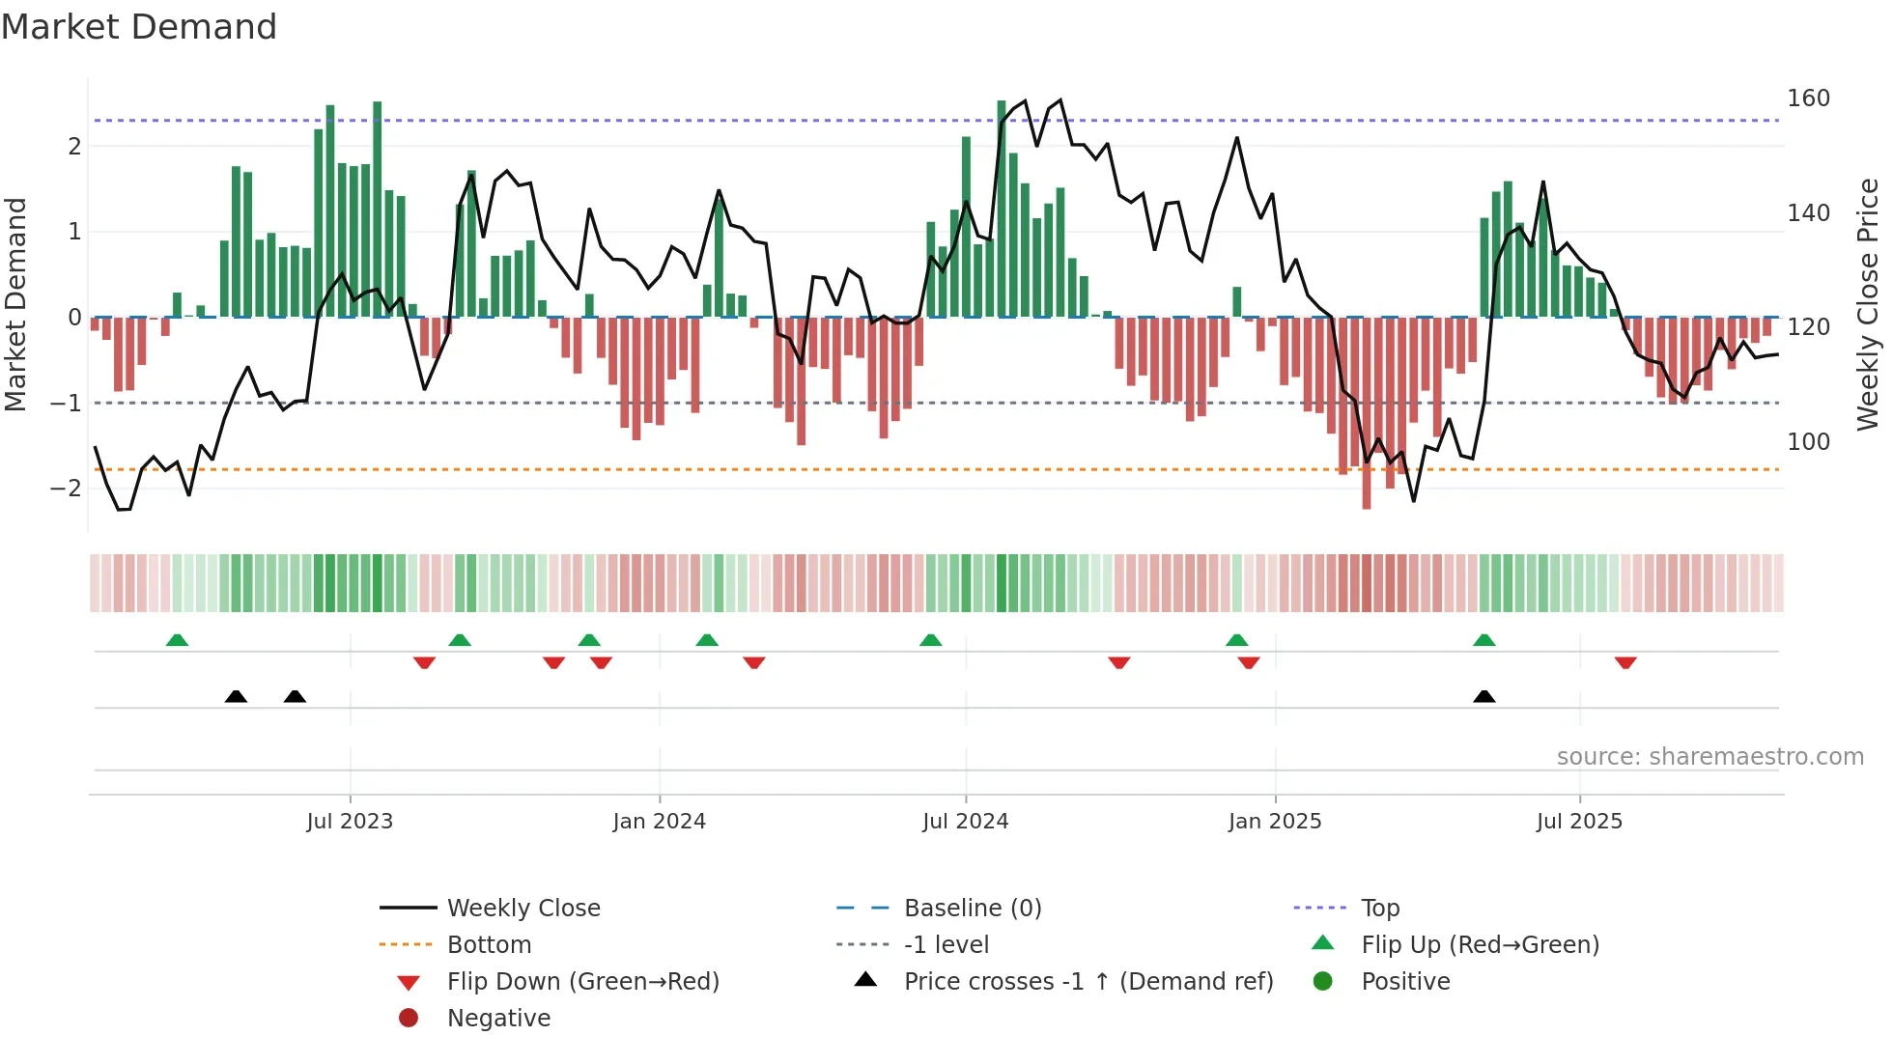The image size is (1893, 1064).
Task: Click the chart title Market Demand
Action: pos(139,27)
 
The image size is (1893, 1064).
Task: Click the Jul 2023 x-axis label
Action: pos(350,822)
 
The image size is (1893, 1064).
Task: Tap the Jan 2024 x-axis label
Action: pos(659,822)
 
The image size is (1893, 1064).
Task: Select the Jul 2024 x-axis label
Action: pos(965,822)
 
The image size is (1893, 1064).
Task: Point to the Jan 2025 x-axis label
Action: pos(1275,822)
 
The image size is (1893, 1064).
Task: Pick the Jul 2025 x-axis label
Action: pos(1579,822)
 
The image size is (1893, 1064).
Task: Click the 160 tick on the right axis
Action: pos(1808,98)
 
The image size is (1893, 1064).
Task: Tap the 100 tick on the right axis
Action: pos(1808,442)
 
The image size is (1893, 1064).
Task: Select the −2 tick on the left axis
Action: pos(66,489)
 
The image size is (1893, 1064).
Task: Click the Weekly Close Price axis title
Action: pos(1868,304)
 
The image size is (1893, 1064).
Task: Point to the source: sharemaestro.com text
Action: pos(1709,757)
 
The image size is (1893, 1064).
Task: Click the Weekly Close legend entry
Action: pos(523,909)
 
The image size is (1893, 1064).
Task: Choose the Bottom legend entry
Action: pos(489,945)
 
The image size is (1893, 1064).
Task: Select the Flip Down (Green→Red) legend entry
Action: pos(582,982)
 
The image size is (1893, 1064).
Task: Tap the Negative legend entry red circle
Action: pos(409,1018)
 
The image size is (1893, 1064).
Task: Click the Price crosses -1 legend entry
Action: pos(1088,982)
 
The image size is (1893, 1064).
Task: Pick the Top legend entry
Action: pos(1380,909)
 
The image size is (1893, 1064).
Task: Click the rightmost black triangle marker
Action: pos(1484,697)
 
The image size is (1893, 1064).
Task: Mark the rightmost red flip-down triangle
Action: pos(1625,662)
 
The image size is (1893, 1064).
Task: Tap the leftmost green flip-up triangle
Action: pos(177,640)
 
